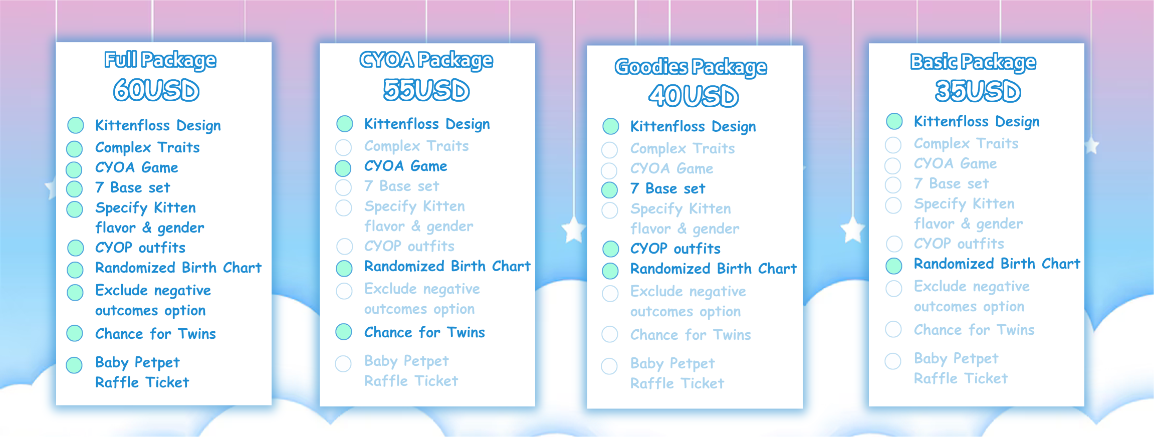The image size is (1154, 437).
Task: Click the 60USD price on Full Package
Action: point(156,90)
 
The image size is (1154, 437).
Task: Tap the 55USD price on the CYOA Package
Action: point(426,90)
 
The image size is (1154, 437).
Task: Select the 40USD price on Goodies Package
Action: point(694,95)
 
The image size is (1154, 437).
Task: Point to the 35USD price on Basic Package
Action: point(978,91)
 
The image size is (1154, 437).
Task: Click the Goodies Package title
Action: point(691,67)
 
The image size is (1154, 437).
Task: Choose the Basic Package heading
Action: point(973,62)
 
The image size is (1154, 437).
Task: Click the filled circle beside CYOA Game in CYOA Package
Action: point(343,168)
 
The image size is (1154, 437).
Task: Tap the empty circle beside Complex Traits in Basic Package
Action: point(893,145)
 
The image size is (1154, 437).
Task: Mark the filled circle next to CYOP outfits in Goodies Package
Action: point(610,249)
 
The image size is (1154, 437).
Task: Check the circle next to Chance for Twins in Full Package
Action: point(75,333)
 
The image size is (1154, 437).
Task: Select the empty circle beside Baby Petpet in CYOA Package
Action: point(343,364)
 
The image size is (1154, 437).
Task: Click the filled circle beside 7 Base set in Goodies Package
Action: point(609,190)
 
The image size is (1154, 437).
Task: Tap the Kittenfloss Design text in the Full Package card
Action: point(158,125)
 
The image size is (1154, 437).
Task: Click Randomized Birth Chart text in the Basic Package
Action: point(997,264)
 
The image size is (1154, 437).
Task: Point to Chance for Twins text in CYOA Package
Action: point(424,332)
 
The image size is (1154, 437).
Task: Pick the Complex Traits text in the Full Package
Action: point(147,147)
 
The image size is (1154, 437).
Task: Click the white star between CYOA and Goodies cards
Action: point(574,230)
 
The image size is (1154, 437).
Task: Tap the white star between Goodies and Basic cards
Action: point(852,231)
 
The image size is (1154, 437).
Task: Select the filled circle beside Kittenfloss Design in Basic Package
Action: point(894,121)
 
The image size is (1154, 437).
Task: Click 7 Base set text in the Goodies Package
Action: point(667,188)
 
